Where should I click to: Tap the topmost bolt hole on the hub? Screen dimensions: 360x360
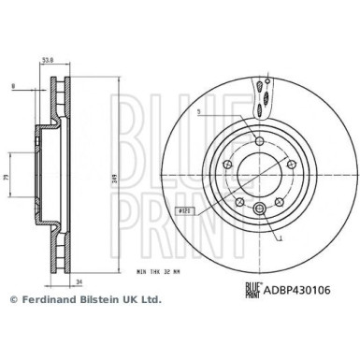pyautogui.click(x=258, y=140)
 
